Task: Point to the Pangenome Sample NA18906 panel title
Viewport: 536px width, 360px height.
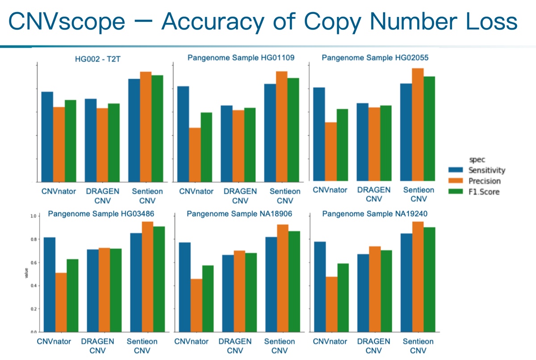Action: pyautogui.click(x=239, y=214)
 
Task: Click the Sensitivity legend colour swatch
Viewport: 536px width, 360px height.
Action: pyautogui.click(x=457, y=170)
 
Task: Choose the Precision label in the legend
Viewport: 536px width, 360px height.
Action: pyautogui.click(x=484, y=181)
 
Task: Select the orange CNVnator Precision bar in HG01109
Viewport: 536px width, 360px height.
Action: pyautogui.click(x=194, y=155)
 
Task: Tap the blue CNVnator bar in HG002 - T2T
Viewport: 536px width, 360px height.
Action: pyautogui.click(x=47, y=137)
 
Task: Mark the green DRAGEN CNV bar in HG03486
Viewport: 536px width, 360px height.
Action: pyautogui.click(x=116, y=290)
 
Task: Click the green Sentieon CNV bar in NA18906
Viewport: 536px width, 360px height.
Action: pyautogui.click(x=294, y=281)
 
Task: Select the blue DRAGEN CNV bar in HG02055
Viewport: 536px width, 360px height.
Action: pyautogui.click(x=362, y=141)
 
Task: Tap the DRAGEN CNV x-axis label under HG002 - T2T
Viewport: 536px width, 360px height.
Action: pyautogui.click(x=102, y=196)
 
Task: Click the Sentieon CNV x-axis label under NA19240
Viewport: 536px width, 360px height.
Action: pyautogui.click(x=419, y=346)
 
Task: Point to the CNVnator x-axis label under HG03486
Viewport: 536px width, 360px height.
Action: pyautogui.click(x=54, y=342)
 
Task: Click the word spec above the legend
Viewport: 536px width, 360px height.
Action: pyautogui.click(x=474, y=159)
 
